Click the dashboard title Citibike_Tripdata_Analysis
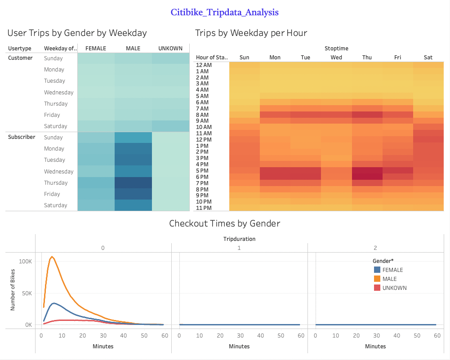(x=224, y=12)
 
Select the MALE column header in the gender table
(x=133, y=49)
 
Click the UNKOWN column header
(x=170, y=49)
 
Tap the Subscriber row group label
(x=22, y=137)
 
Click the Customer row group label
(x=20, y=58)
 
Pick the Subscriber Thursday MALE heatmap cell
(x=133, y=183)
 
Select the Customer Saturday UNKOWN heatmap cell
(x=170, y=126)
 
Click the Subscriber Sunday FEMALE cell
(x=96, y=138)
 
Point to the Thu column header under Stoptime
(x=367, y=57)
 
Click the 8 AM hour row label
(x=202, y=115)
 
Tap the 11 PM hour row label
(x=204, y=208)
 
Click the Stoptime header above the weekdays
(x=336, y=48)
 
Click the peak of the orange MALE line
(x=52, y=257)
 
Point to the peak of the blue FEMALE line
(x=54, y=303)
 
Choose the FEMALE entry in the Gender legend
(x=392, y=270)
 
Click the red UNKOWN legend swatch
(x=377, y=288)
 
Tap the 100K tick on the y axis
(x=24, y=262)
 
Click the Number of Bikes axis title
(x=13, y=293)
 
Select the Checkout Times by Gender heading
(x=224, y=223)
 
